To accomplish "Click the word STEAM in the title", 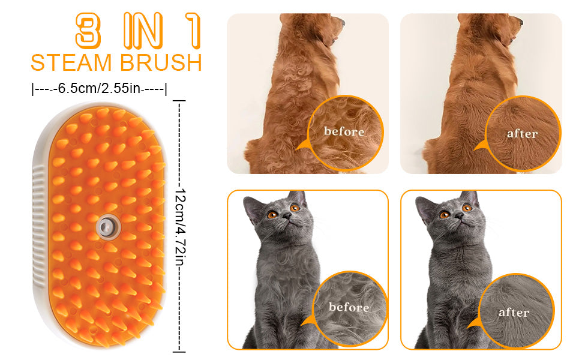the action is coord(71,62).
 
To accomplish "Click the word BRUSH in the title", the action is coord(161,62).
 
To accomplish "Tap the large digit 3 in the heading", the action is coord(88,31).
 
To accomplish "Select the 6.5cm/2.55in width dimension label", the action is coord(100,89).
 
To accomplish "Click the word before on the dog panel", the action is coord(344,131).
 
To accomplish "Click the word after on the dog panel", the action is coord(522,134).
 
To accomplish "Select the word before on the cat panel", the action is coord(349,307).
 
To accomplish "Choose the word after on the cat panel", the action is coord(514,313).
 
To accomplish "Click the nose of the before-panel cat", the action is coord(287,215).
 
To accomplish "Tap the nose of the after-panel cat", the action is coord(459,215).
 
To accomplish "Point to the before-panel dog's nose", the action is coord(342,22).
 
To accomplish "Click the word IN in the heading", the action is coord(143,31).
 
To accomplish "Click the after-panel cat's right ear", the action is coord(470,199).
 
